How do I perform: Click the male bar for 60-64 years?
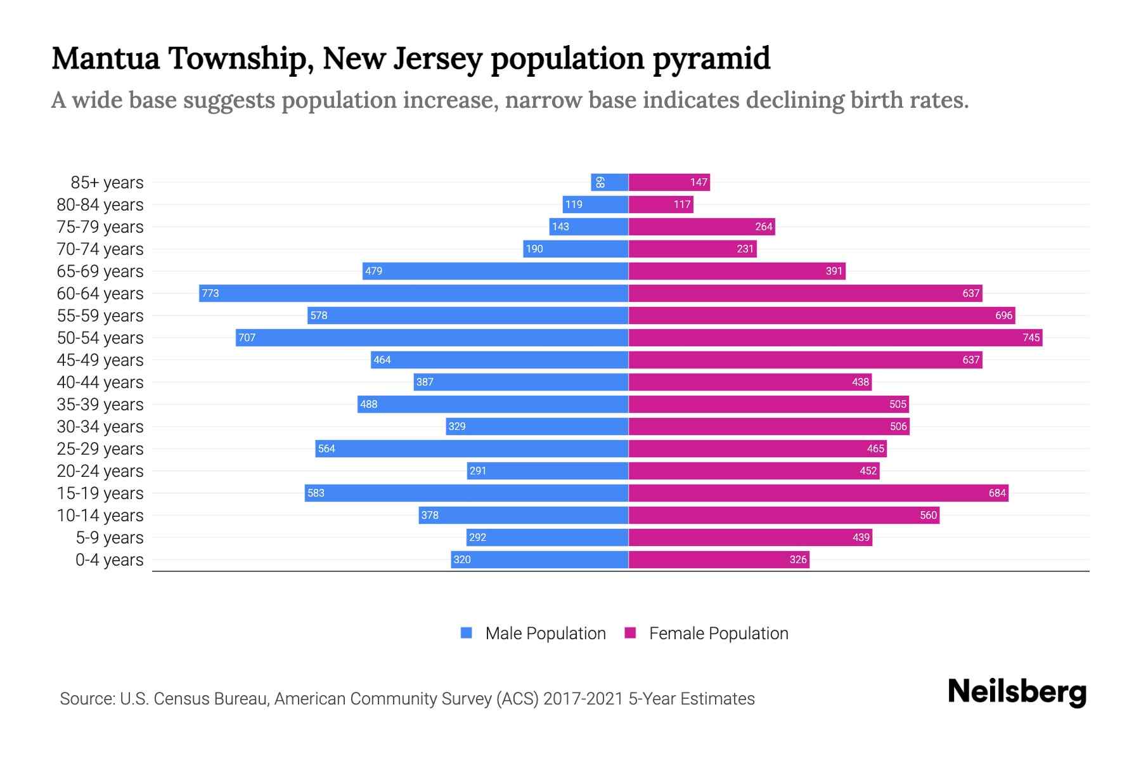(413, 293)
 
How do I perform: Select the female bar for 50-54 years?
(835, 337)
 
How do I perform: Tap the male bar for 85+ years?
(609, 183)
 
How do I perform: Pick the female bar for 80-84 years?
(661, 204)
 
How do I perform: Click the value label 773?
(210, 293)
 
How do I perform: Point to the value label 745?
(1031, 337)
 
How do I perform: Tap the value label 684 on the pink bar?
(997, 493)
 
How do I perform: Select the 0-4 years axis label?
(109, 560)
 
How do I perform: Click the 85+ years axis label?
(106, 183)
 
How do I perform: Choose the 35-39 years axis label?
(100, 405)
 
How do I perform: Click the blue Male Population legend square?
(467, 633)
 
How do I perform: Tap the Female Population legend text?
(718, 634)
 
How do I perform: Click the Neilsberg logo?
(1017, 692)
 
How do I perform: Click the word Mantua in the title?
(106, 58)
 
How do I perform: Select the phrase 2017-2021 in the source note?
(583, 699)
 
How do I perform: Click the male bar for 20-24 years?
(548, 471)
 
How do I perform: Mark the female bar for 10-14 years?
(783, 515)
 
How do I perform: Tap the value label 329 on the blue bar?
(457, 426)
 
